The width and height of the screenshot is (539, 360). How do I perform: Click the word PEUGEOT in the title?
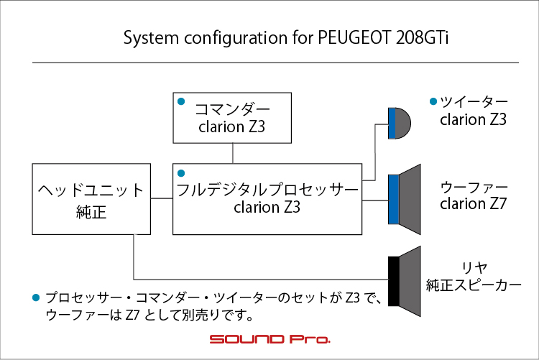(x=354, y=37)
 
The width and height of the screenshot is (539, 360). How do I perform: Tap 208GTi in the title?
(x=422, y=37)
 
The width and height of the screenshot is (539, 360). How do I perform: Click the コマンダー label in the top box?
(x=232, y=109)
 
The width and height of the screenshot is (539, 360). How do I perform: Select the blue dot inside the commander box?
(x=181, y=101)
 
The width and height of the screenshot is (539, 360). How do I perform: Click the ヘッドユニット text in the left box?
(x=91, y=190)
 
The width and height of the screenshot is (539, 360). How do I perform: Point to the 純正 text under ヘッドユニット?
(x=91, y=212)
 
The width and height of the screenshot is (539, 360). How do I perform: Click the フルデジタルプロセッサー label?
(x=267, y=190)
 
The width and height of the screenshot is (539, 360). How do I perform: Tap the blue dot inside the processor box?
(x=181, y=173)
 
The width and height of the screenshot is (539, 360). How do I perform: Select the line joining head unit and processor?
(x=162, y=198)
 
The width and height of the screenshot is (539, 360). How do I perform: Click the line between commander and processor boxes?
(x=233, y=153)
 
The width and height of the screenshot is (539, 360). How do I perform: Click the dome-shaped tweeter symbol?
(x=400, y=123)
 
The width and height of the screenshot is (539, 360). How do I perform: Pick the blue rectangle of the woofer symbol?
(x=394, y=200)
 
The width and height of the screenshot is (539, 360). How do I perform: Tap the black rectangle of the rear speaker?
(x=394, y=281)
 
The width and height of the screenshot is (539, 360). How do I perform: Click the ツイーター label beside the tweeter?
(x=474, y=101)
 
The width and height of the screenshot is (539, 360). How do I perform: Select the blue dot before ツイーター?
(x=433, y=101)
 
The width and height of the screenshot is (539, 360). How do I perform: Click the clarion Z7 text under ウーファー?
(x=474, y=203)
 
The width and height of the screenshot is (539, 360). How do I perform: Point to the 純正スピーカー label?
(x=474, y=285)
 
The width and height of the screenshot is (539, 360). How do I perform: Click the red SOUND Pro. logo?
(x=270, y=339)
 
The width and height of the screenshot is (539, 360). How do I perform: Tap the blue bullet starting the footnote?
(x=36, y=297)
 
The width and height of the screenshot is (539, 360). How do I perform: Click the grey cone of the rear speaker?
(x=410, y=281)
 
